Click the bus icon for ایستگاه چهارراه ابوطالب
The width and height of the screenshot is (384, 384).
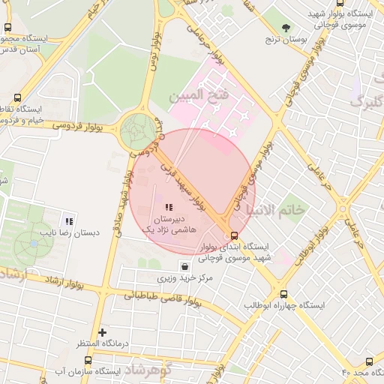point(283,295)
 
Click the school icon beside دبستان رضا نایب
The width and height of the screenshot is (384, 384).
point(69,221)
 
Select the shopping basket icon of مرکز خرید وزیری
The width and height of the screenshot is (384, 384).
point(184,265)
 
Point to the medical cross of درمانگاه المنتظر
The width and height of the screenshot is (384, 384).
point(103,331)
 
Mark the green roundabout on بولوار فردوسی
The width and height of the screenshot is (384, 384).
point(138,131)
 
